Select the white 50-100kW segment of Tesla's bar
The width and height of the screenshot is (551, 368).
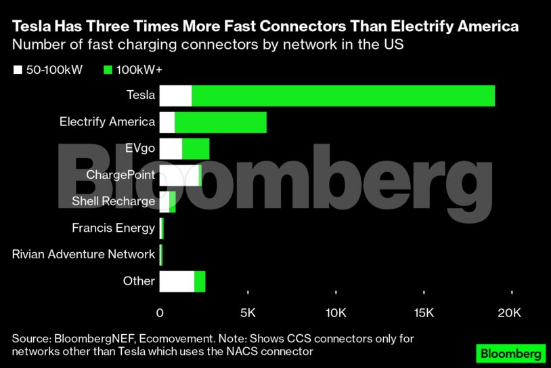175,96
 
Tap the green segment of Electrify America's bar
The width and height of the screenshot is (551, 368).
220,123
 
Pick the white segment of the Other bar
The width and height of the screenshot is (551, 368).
177,281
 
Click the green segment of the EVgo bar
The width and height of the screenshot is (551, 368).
196,149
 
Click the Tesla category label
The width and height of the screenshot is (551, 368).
141,96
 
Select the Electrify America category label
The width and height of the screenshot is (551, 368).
107,122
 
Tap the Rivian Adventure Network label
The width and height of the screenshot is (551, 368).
84,254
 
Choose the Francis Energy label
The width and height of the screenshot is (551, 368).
113,228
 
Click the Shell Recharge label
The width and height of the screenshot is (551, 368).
113,201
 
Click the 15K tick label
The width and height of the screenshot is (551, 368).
424,313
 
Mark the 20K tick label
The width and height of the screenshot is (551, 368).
509,313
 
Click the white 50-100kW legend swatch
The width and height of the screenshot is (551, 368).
18,70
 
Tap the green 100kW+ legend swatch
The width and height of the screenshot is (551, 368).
108,70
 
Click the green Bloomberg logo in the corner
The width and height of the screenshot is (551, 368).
510,354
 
